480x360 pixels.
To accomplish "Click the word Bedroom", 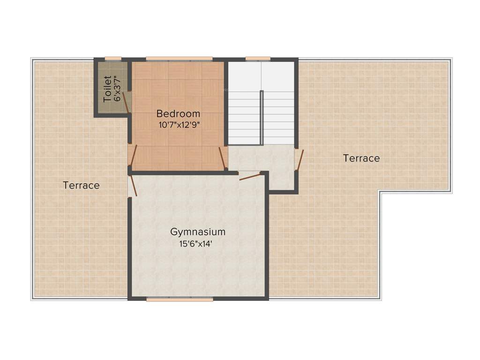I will click(178, 113).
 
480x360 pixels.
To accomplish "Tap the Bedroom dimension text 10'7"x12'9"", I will click(178, 125).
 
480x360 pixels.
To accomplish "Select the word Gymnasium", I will click(198, 232).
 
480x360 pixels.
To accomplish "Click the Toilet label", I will click(108, 89).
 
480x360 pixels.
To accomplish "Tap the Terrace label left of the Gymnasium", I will click(81, 186).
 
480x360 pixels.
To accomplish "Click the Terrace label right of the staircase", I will click(361, 158).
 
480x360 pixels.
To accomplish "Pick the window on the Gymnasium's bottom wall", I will click(180, 299).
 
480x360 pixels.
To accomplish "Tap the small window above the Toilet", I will click(113, 59).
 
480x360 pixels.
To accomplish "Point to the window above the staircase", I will click(258, 59).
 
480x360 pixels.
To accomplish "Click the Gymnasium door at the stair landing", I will click(249, 176).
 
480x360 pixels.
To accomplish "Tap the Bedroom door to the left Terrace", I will click(133, 156).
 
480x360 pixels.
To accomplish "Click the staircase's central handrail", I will click(262, 117).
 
